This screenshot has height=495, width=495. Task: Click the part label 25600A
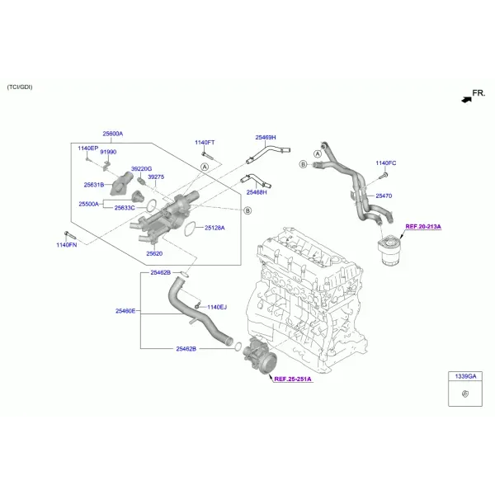pos(113,134)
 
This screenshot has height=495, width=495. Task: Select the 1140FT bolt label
pos(205,143)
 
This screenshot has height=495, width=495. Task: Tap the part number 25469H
pos(266,138)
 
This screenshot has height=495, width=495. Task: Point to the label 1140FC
pos(386,163)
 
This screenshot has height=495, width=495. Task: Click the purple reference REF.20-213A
pos(423,227)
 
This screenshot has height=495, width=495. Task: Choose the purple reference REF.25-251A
pos(293,379)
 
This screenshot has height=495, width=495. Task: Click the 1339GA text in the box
pos(465,376)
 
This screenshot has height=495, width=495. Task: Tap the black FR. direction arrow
pos(467,100)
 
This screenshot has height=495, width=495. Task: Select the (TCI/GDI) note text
pos(20,87)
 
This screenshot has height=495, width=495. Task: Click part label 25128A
pos(214,228)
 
